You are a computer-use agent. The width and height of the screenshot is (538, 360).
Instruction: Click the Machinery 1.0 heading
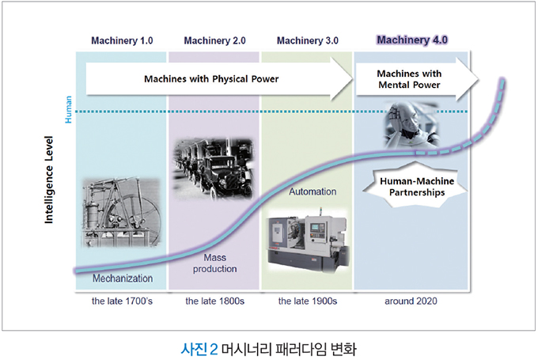pos(122,41)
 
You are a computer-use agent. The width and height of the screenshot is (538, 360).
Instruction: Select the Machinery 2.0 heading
pos(214,41)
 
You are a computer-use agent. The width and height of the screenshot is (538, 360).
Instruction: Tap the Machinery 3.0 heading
pos(308,41)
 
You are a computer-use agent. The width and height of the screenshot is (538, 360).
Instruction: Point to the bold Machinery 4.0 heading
pos(412,40)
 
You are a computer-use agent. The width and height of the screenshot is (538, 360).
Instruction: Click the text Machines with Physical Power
pos(211,79)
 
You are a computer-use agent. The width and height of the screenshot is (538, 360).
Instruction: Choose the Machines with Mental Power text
pos(409,79)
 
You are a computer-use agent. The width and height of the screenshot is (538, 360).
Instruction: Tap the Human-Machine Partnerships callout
pos(417,187)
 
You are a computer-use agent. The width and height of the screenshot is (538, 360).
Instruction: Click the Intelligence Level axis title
pos(49,180)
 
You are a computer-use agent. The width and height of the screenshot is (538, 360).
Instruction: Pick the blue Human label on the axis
pos(69,109)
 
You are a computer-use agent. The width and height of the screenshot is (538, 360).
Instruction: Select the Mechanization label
pos(123,279)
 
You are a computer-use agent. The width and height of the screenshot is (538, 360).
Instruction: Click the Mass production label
pos(214,263)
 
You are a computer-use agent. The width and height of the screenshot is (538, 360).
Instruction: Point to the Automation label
pos(313,191)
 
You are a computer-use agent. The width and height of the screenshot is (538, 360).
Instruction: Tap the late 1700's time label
pos(122,301)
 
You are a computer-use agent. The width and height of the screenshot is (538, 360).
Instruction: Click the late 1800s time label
pos(214,301)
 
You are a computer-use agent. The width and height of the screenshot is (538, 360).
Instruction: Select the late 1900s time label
pos(308,301)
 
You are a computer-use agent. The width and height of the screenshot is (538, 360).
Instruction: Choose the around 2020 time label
pos(411,301)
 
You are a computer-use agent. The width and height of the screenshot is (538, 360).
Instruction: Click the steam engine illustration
pos(121,212)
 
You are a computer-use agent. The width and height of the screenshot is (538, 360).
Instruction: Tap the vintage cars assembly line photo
pos(214,169)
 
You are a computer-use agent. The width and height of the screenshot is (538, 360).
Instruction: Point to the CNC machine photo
pos(308,241)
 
